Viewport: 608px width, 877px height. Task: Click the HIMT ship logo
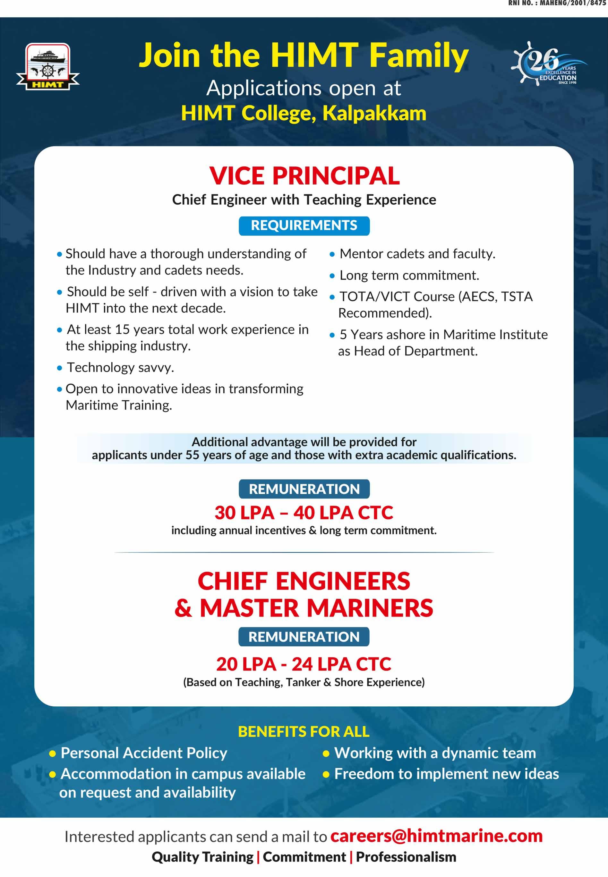click(x=47, y=67)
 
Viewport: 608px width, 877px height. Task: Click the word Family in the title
click(x=419, y=55)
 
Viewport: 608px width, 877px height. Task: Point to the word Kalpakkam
click(x=374, y=114)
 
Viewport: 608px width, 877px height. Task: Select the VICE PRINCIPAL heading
click(x=304, y=176)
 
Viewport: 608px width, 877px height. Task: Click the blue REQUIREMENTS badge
click(x=304, y=226)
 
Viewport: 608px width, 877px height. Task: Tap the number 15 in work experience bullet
click(x=122, y=329)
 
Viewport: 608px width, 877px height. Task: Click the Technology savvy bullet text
click(x=120, y=368)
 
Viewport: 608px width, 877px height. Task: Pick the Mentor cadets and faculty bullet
click(x=417, y=254)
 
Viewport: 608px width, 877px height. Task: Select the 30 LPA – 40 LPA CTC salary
click(x=304, y=513)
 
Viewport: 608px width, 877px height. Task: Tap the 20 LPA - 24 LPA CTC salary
click(x=304, y=664)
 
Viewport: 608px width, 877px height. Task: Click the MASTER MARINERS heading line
click(x=316, y=608)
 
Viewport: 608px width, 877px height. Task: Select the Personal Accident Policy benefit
click(x=144, y=753)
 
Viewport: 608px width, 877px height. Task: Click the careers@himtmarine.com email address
click(x=436, y=836)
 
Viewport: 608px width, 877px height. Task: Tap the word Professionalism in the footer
click(x=406, y=857)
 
